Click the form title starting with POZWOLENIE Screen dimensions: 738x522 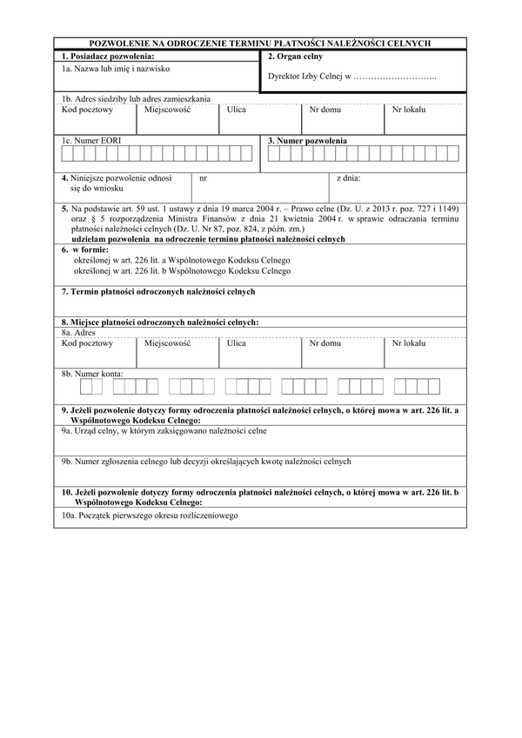click(260, 43)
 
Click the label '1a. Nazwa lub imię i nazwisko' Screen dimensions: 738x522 click(115, 67)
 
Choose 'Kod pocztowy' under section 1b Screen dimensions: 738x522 click(87, 110)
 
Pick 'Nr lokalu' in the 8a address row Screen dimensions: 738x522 click(409, 342)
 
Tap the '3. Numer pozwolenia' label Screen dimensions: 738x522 click(307, 140)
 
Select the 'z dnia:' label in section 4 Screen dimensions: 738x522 click(348, 178)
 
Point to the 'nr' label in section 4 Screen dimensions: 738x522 click(203, 178)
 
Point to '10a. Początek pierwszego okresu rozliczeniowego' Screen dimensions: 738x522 click(150, 515)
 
